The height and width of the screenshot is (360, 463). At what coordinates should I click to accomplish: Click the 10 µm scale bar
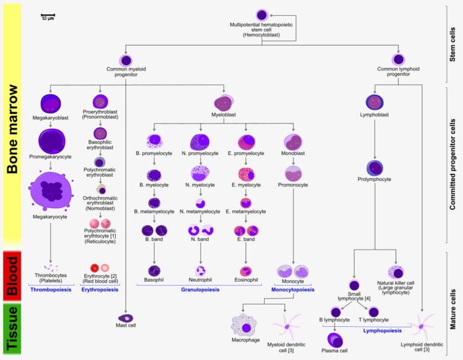48,14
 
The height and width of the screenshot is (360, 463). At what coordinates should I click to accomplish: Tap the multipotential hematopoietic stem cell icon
261,14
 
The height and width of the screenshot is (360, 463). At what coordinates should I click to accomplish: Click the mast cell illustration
126,317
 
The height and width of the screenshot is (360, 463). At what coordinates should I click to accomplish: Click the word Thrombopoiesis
52,289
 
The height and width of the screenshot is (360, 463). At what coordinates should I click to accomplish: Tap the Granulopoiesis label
201,289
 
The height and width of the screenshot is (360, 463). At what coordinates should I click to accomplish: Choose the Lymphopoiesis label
383,330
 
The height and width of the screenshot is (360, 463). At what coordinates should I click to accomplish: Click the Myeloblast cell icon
223,102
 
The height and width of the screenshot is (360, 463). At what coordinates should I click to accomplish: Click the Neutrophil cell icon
201,271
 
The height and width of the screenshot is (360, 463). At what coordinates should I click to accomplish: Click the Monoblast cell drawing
293,142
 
